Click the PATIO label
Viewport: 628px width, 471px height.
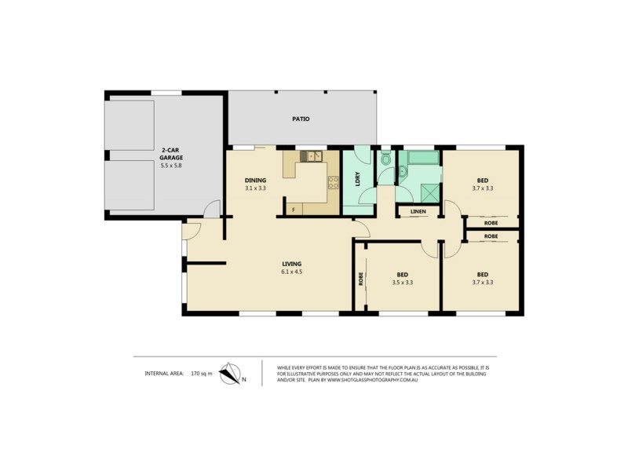pyautogui.click(x=301, y=119)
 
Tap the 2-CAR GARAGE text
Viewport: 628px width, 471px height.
pyautogui.click(x=172, y=153)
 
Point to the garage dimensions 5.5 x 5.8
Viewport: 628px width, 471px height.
pyautogui.click(x=172, y=166)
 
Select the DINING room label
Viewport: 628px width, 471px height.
pyautogui.click(x=255, y=180)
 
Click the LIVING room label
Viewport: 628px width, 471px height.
pyautogui.click(x=292, y=264)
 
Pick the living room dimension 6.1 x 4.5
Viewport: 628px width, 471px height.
pyautogui.click(x=292, y=272)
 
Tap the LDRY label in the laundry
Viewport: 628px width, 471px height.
pyautogui.click(x=356, y=178)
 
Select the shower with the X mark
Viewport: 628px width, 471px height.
pyautogui.click(x=429, y=190)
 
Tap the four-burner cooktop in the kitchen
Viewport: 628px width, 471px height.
pyautogui.click(x=333, y=183)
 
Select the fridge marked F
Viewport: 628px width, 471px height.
pyautogui.click(x=293, y=210)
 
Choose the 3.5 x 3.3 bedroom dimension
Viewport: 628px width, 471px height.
pyautogui.click(x=401, y=283)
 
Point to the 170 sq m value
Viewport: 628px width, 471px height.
pyautogui.click(x=202, y=374)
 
